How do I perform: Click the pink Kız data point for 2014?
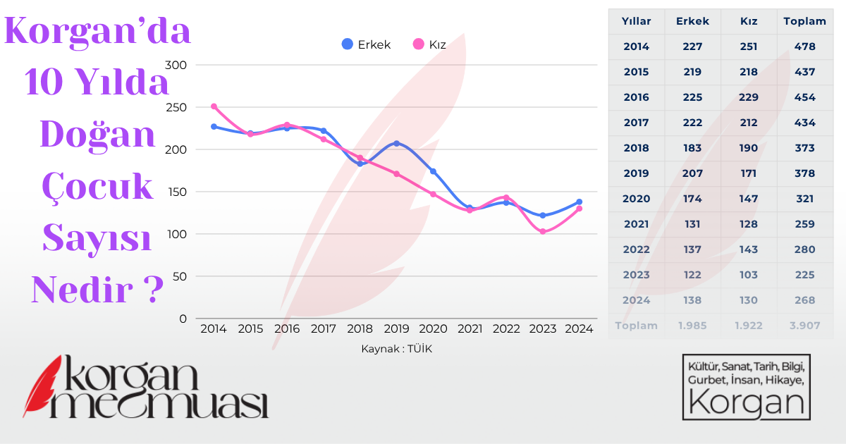(214, 106)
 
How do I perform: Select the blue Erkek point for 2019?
(396, 144)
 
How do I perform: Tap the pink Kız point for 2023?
(543, 231)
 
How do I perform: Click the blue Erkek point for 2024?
(580, 202)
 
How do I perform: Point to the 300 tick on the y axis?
(178, 65)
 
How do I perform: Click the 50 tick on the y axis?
(180, 276)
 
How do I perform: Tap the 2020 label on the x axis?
(433, 328)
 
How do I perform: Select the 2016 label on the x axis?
(287, 328)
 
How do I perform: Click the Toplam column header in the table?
(804, 21)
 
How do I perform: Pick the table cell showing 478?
(804, 47)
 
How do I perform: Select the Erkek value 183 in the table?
(692, 148)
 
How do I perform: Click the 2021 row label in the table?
(636, 224)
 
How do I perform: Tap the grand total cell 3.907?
(804, 326)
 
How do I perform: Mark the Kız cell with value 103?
(749, 275)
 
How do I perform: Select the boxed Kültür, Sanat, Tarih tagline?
(746, 387)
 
